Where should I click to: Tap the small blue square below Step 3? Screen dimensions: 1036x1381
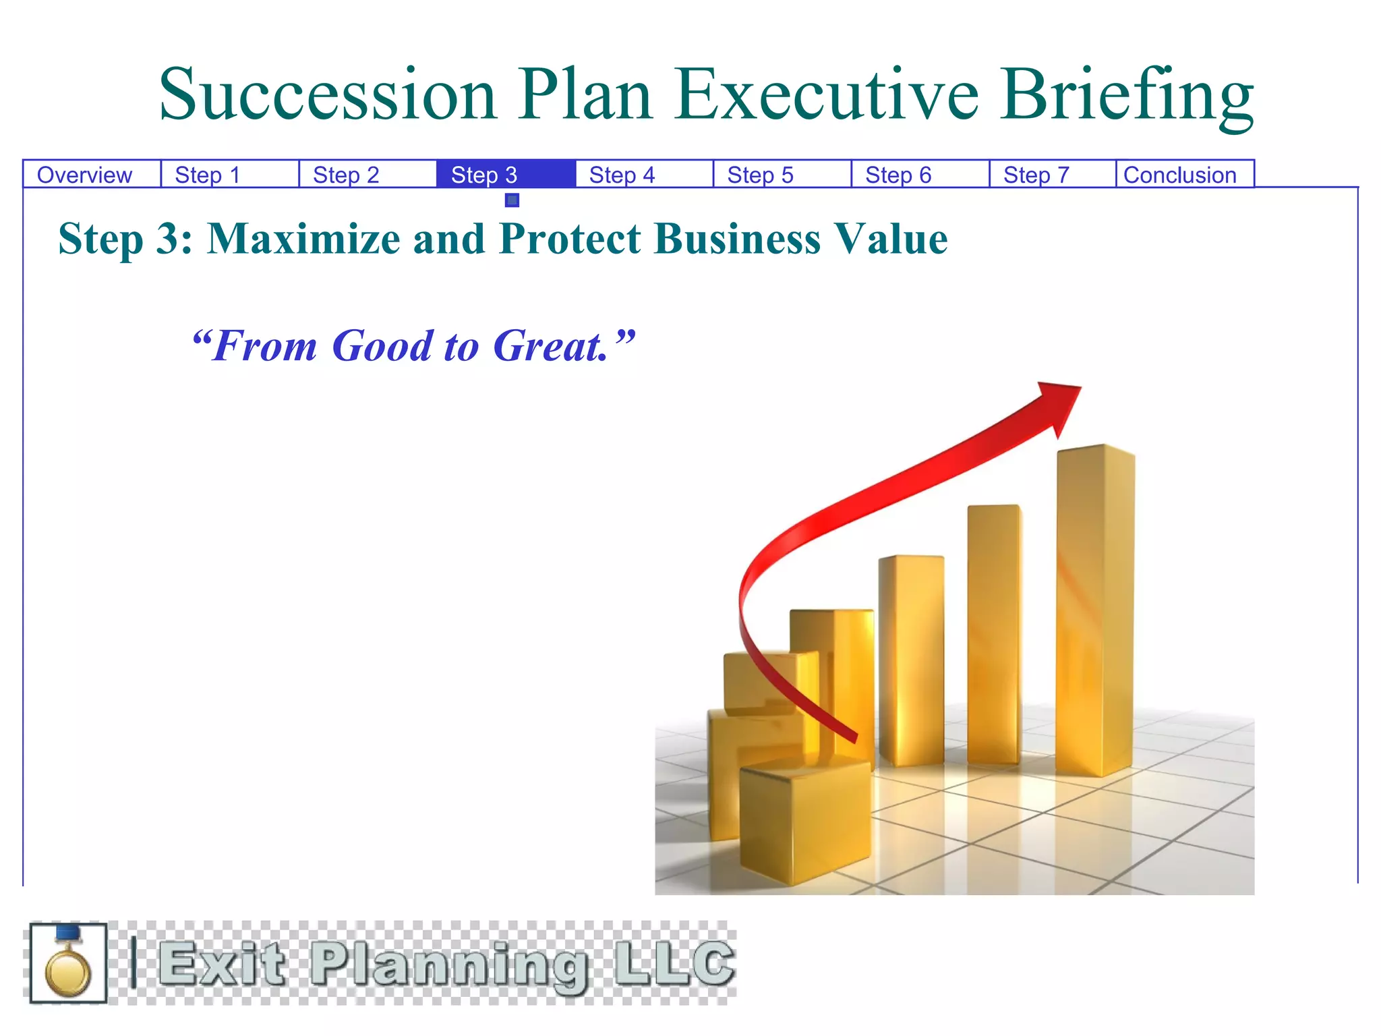pyautogui.click(x=512, y=200)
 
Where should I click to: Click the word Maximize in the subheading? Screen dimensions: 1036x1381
pyautogui.click(x=303, y=239)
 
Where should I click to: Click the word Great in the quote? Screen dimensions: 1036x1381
pyautogui.click(x=550, y=346)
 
